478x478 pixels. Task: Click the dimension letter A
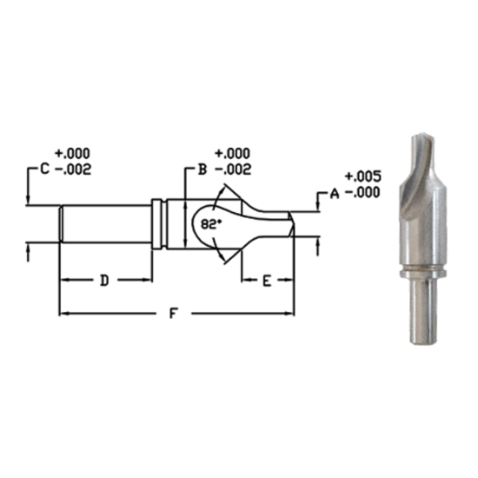coord(333,196)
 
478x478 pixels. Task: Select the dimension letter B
coord(201,169)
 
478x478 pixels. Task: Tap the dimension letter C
coord(44,169)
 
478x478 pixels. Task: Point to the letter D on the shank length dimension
coord(104,281)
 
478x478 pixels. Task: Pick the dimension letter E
coord(267,281)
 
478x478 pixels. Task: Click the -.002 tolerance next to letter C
coord(74,169)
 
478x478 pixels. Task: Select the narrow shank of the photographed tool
coord(423,313)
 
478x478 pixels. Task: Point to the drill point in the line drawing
coord(291,225)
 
